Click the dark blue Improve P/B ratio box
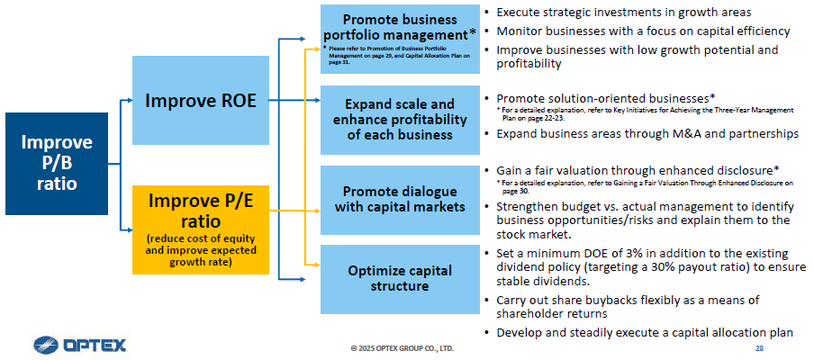(x=57, y=164)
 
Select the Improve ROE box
(x=201, y=100)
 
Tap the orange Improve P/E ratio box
(x=201, y=229)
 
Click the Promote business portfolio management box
(x=400, y=39)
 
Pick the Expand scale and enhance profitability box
(x=400, y=120)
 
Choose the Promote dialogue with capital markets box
(x=400, y=200)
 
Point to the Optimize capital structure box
(x=400, y=279)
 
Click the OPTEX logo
(x=79, y=345)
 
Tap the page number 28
(x=759, y=348)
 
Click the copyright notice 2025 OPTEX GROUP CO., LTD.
(x=402, y=348)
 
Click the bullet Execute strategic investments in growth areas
(x=618, y=12)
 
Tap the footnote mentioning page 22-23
(x=646, y=113)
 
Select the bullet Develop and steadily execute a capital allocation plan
(x=639, y=332)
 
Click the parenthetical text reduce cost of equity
(x=201, y=239)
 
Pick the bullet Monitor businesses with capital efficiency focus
(x=637, y=31)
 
